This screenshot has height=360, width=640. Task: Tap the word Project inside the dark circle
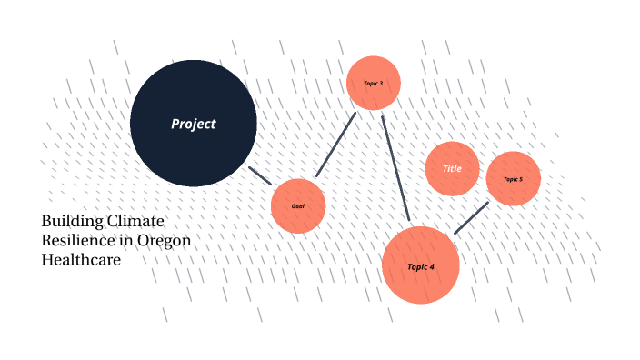click(194, 124)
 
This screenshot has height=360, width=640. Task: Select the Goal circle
click(298, 205)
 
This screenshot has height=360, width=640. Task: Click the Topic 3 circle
click(374, 83)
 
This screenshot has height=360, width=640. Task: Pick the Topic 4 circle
click(421, 265)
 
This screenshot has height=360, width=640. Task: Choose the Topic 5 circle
click(514, 178)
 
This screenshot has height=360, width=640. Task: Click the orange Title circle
click(452, 169)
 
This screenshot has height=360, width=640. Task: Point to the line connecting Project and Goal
click(260, 175)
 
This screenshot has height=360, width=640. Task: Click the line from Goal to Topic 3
click(335, 145)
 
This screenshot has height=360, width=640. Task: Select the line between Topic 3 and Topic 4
click(395, 168)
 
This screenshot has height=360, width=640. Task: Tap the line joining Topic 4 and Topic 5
click(471, 218)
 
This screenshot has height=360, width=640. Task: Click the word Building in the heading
click(71, 221)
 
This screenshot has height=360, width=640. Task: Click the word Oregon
click(163, 241)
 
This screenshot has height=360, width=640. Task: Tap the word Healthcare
click(81, 259)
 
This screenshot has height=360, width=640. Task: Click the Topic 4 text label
click(421, 266)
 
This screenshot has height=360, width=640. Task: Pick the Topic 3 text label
click(374, 83)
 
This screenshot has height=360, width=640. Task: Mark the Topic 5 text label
click(514, 179)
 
